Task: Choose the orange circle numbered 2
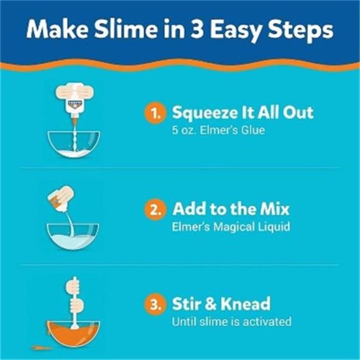coord(156,208)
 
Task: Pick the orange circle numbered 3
coord(156,304)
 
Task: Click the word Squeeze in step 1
coord(205,113)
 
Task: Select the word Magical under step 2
coord(230,227)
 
